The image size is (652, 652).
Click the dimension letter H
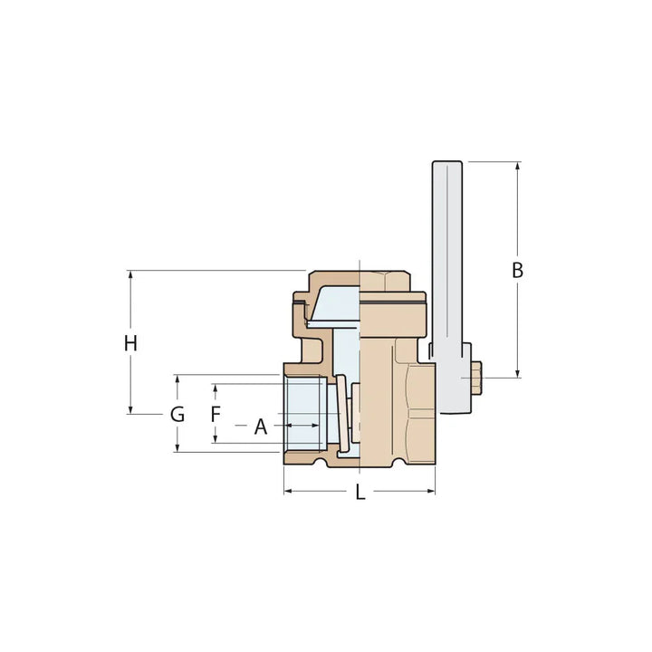click(131, 343)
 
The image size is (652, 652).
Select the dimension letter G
click(177, 415)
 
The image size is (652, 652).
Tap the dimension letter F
click(215, 415)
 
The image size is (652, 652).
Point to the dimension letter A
click(261, 426)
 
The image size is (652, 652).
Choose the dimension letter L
click(360, 493)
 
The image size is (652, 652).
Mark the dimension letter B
click(517, 270)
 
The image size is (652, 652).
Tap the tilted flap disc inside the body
click(335, 308)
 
